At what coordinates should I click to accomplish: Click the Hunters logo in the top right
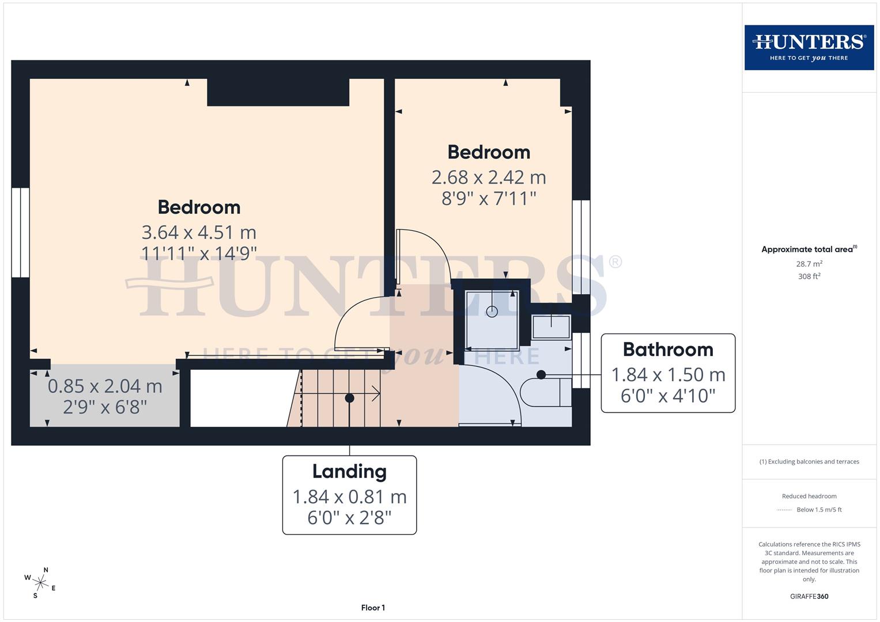pyautogui.click(x=809, y=47)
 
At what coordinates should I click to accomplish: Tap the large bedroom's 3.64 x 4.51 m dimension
pyautogui.click(x=199, y=232)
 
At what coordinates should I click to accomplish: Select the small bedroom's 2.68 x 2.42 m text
pyautogui.click(x=489, y=177)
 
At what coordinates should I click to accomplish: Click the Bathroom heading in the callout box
pyautogui.click(x=668, y=350)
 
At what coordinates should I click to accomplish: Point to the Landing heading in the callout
pyautogui.click(x=349, y=471)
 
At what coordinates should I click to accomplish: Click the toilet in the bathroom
pyautogui.click(x=545, y=392)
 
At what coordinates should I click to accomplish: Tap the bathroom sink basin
pyautogui.click(x=551, y=327)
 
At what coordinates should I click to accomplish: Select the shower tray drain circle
pyautogui.click(x=492, y=312)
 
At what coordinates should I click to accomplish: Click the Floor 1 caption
pyautogui.click(x=373, y=608)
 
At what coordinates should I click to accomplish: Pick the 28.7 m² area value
pyautogui.click(x=809, y=264)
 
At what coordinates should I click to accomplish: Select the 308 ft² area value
pyautogui.click(x=809, y=276)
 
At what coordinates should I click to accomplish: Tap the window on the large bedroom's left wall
pyautogui.click(x=20, y=232)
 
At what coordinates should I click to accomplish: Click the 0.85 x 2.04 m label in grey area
pyautogui.click(x=105, y=386)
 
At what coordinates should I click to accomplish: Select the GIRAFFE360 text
pyautogui.click(x=809, y=596)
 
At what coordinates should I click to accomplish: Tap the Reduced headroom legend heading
pyautogui.click(x=809, y=496)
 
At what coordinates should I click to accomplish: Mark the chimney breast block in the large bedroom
pyautogui.click(x=278, y=92)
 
